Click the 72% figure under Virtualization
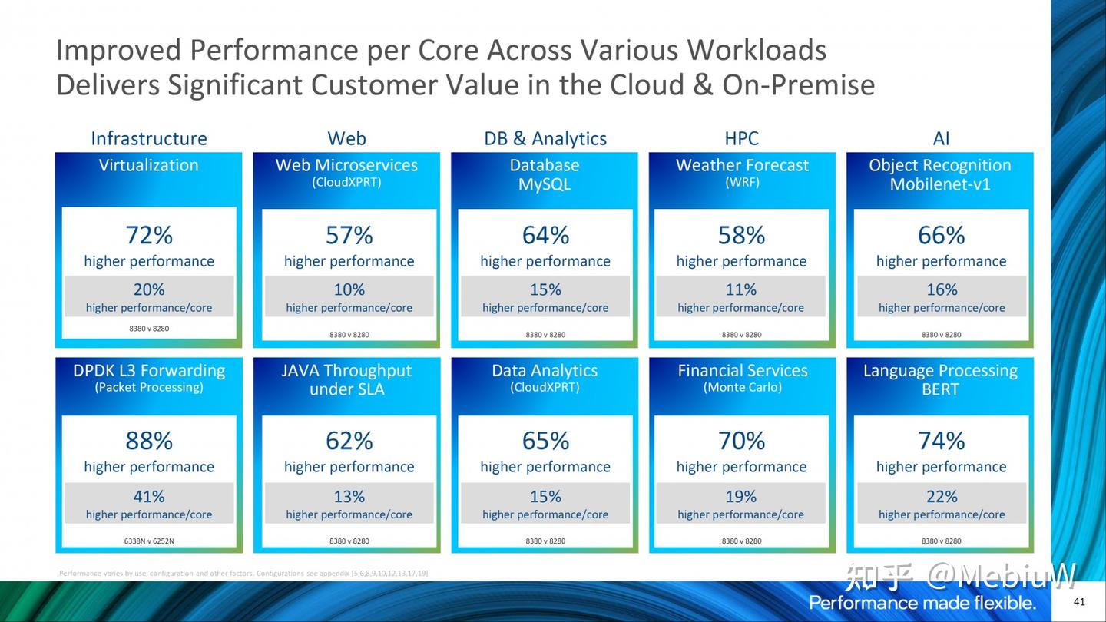point(149,235)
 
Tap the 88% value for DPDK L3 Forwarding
point(149,441)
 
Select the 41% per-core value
point(149,496)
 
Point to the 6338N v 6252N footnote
point(149,541)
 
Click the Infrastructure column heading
point(149,138)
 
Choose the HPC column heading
point(741,138)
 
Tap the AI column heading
point(941,138)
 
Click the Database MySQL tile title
point(545,174)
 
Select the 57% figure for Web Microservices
point(349,235)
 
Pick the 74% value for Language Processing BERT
point(941,441)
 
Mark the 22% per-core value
point(941,496)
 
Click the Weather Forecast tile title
point(742,165)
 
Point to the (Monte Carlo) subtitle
point(742,388)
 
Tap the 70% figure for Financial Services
point(741,441)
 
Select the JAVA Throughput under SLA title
point(346,379)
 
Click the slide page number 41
point(1079,601)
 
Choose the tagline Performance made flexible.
point(922,602)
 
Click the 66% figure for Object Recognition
point(941,235)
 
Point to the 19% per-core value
point(741,496)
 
